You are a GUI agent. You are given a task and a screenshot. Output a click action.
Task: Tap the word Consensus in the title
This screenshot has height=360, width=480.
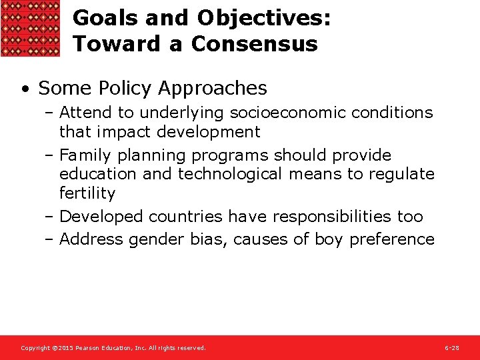254,44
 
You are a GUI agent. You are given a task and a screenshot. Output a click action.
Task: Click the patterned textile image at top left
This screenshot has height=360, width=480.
30,28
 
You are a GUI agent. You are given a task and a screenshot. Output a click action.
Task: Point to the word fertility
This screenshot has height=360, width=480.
87,193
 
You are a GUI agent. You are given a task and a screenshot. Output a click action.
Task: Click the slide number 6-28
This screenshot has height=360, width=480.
451,348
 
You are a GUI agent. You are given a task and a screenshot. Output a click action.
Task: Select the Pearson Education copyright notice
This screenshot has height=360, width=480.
113,348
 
